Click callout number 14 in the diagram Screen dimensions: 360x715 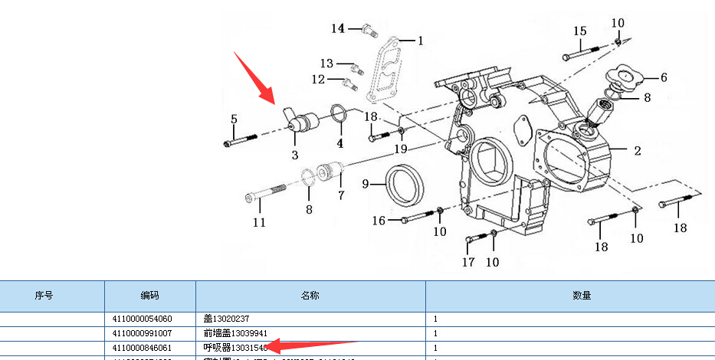pyautogui.click(x=338, y=28)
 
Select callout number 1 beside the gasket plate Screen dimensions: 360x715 pyautogui.click(x=420, y=40)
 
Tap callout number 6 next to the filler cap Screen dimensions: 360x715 pyautogui.click(x=664, y=77)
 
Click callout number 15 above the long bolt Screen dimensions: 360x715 pyautogui.click(x=579, y=31)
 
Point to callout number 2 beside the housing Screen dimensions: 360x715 pyautogui.click(x=637, y=151)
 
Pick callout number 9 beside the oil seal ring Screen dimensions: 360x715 pyautogui.click(x=366, y=183)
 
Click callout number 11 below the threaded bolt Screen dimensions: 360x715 pyautogui.click(x=260, y=222)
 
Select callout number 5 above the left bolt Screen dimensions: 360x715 pyautogui.click(x=234, y=119)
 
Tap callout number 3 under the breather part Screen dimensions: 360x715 pyautogui.click(x=294, y=155)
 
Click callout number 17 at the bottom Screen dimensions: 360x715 pyautogui.click(x=468, y=262)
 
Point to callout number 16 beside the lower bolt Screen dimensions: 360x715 pyautogui.click(x=379, y=221)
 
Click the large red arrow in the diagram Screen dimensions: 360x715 pyautogui.click(x=254, y=77)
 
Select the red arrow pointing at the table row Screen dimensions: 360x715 pyautogui.click(x=310, y=349)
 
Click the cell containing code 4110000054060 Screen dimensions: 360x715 pyautogui.click(x=143, y=319)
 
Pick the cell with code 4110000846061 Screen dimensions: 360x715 pyautogui.click(x=143, y=348)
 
